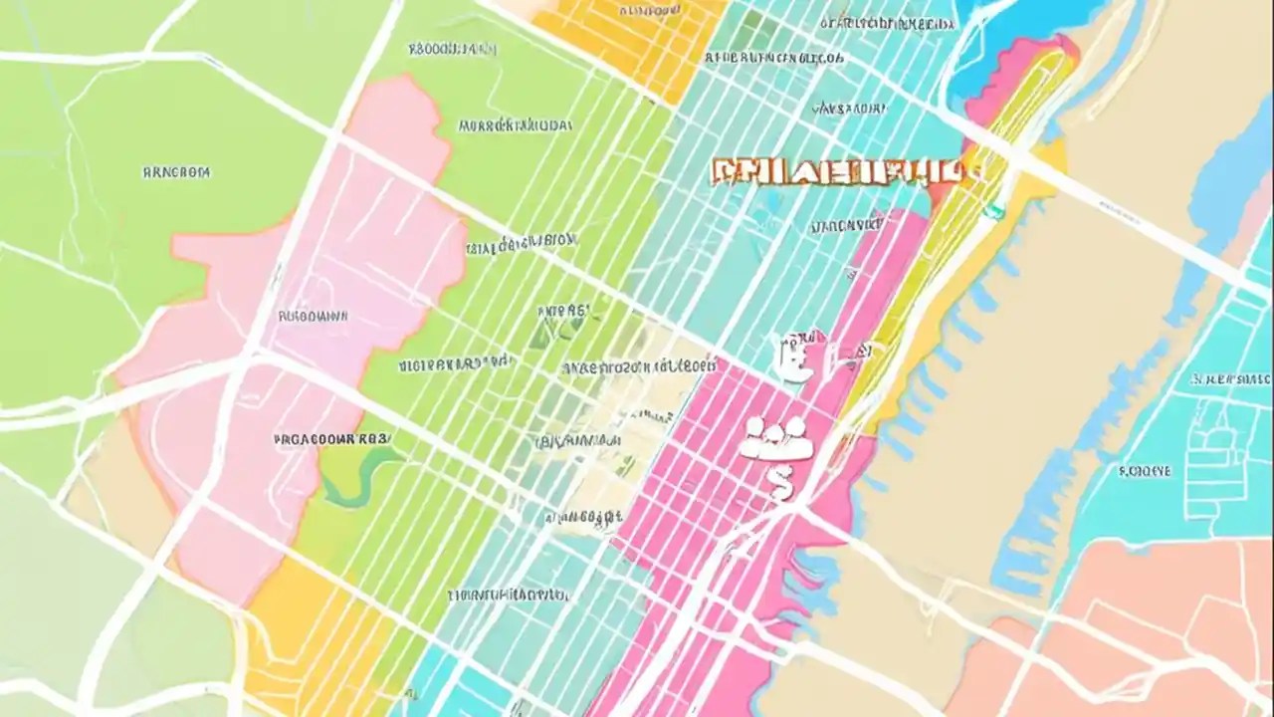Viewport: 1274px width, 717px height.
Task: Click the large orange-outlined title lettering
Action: (836, 171)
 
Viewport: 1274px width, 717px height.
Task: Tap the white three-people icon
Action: (776, 438)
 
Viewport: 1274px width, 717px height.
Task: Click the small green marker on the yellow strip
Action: (993, 210)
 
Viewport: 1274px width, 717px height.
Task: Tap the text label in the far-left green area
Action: (176, 172)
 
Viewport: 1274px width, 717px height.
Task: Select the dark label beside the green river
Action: (331, 437)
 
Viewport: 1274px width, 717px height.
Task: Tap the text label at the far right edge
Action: (1230, 379)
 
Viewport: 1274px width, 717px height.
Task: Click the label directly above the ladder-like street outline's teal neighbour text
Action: (1230, 379)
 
